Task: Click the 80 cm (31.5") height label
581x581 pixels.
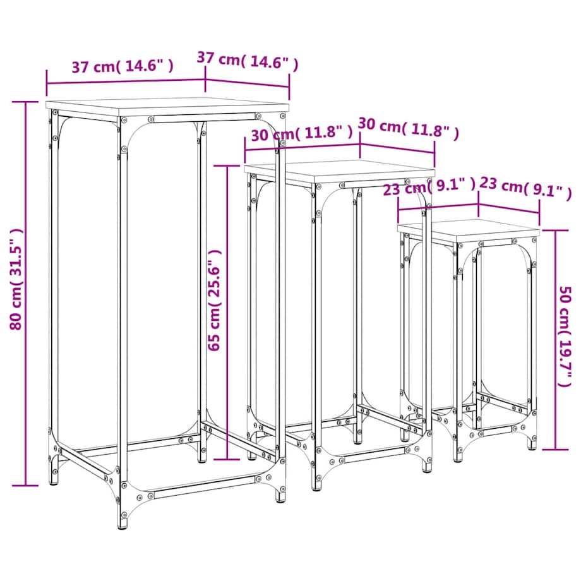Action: [16, 279]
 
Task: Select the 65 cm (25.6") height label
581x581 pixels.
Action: [215, 300]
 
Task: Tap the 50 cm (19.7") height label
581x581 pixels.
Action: [565, 336]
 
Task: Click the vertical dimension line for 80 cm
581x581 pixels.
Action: [25, 294]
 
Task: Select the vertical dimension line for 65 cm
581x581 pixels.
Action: [227, 313]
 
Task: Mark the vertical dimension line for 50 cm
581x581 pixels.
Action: [555, 340]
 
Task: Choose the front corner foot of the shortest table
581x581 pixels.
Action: [457, 457]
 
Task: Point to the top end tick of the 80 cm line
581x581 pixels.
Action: [25, 102]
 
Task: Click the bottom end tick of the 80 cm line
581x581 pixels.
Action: [25, 486]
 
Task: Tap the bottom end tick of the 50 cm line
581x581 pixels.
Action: [555, 450]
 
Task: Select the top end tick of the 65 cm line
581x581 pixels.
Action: [227, 166]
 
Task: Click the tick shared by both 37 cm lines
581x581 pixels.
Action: [205, 80]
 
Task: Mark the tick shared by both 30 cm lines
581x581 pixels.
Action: [360, 144]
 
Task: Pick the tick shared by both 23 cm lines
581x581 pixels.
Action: [479, 205]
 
